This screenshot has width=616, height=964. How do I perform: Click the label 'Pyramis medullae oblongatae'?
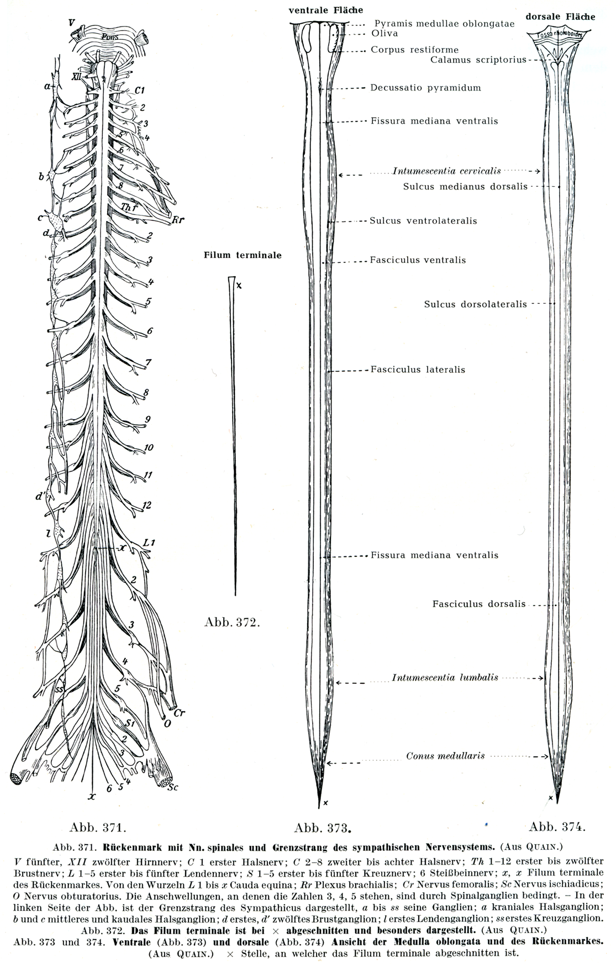(x=444, y=24)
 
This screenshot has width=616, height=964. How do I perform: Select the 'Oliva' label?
(x=385, y=34)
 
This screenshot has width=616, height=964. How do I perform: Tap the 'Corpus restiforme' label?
(x=414, y=50)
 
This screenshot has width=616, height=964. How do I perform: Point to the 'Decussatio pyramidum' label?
(x=425, y=87)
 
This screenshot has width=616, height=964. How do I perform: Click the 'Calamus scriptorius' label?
(x=478, y=59)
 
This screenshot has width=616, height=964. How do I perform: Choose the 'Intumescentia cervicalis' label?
(x=447, y=171)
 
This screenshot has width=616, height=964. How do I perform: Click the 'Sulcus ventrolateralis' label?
(x=423, y=221)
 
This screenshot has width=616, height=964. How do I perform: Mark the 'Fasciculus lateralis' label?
(x=418, y=370)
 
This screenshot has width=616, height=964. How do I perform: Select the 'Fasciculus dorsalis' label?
(x=479, y=604)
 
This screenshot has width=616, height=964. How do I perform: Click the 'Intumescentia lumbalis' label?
(x=445, y=677)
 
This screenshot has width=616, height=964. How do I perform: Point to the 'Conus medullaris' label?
(x=445, y=756)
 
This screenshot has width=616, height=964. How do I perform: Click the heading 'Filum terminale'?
(x=243, y=255)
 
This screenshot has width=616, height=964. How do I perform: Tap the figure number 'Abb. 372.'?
(x=232, y=623)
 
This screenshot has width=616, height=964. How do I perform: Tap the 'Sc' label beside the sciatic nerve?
(x=173, y=787)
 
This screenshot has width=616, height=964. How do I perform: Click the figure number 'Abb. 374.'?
(x=557, y=827)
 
